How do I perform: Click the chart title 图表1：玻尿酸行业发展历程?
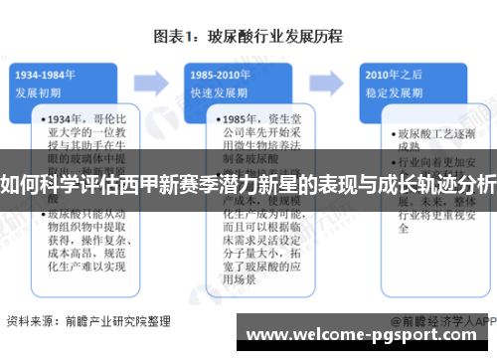(x=248, y=37)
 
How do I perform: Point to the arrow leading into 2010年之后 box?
(x=331, y=79)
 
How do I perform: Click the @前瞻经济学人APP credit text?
(x=442, y=320)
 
